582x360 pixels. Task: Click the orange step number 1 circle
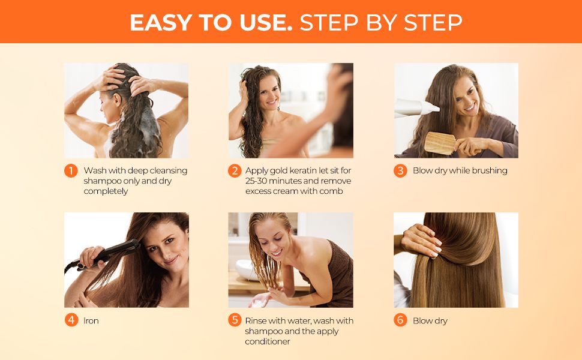(x=71, y=171)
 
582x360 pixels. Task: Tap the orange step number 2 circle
(x=235, y=171)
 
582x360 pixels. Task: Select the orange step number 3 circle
(x=400, y=171)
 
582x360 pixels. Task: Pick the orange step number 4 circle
(x=71, y=320)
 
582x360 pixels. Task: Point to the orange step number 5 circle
(x=235, y=320)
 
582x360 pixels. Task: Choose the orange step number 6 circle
(x=400, y=320)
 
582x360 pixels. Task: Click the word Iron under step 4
(x=91, y=321)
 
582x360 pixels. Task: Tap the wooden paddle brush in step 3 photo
(x=441, y=142)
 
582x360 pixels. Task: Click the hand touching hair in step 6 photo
(x=420, y=240)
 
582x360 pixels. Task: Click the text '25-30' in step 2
(x=257, y=181)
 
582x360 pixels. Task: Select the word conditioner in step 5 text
(x=268, y=341)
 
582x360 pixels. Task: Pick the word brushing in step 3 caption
(x=488, y=171)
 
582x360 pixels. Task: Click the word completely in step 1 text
(x=106, y=191)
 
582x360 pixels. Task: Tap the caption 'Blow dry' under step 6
(x=430, y=321)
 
